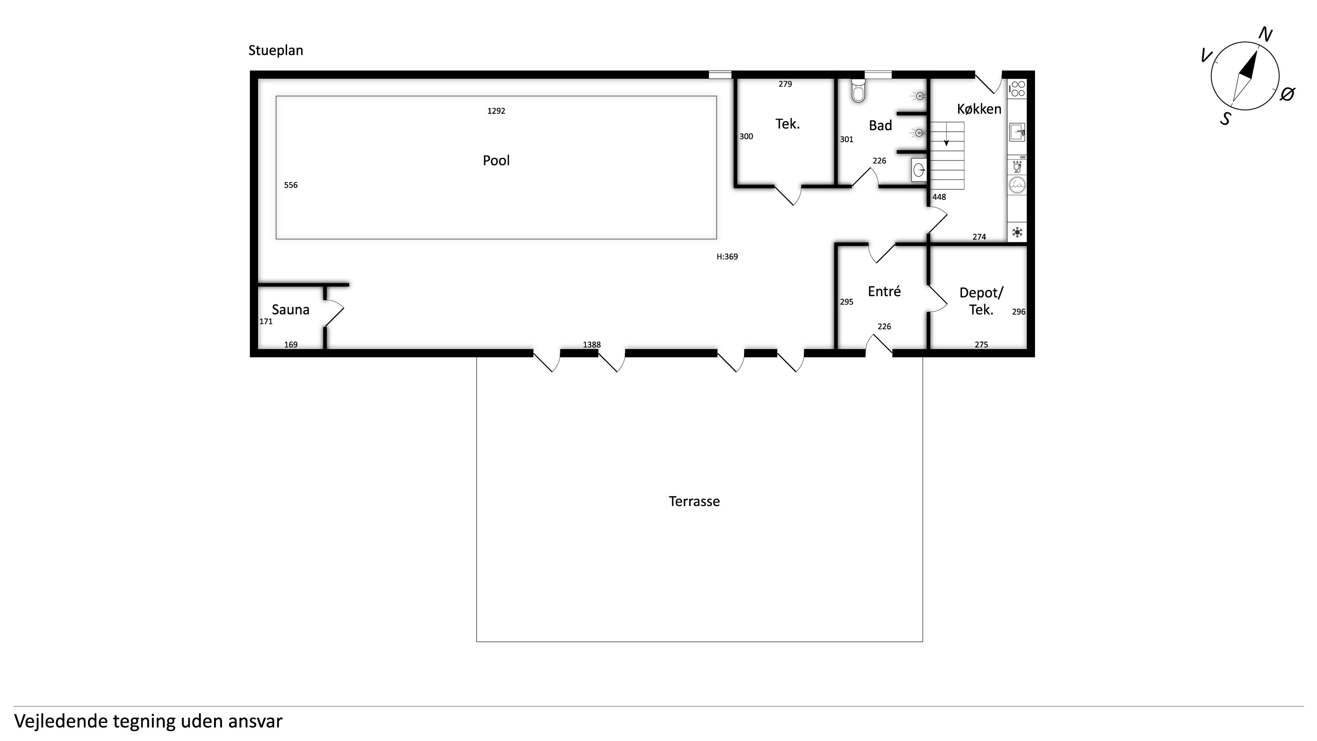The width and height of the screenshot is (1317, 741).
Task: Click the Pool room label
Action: coord(496,161)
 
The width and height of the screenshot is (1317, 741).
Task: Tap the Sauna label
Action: coord(290,309)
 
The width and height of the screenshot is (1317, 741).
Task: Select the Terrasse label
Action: coord(694,501)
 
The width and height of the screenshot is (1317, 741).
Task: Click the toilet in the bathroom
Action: coord(858,91)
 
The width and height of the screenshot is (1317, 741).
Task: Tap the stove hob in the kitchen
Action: coord(1017,88)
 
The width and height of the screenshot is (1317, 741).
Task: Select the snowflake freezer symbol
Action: coord(1017,233)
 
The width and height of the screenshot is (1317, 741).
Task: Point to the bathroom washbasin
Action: coord(919,169)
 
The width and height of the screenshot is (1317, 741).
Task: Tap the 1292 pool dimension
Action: coord(496,111)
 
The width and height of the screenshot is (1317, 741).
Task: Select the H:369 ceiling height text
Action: coord(727,257)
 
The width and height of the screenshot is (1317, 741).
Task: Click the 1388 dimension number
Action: coord(592,345)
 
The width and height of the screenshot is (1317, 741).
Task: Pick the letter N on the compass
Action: coord(1265,35)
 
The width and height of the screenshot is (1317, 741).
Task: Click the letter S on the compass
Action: coord(1225,119)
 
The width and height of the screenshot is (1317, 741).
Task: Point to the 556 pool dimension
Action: coord(290,185)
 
